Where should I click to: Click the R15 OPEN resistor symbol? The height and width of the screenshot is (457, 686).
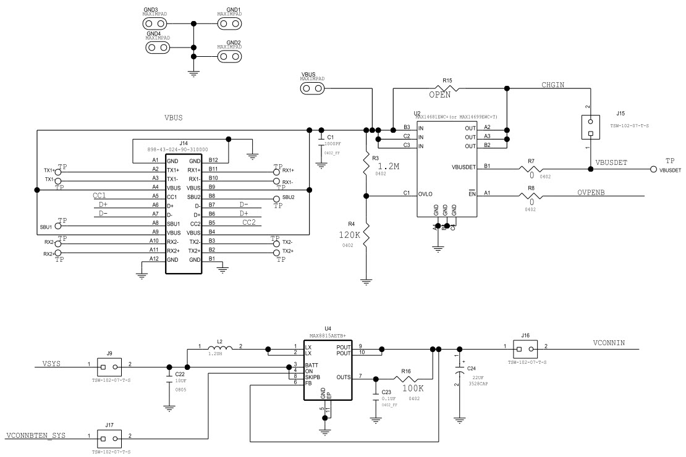(x=447, y=88)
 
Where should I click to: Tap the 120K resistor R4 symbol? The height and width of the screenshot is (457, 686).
(x=366, y=235)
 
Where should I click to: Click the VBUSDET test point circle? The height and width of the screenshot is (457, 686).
(x=653, y=169)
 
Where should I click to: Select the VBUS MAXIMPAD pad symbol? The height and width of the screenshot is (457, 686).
(x=313, y=89)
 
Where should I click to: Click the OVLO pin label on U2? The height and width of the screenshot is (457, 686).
(x=426, y=193)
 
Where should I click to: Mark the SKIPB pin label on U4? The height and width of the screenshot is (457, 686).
(x=313, y=376)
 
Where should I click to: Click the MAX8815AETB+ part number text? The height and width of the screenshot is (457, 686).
(x=328, y=335)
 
